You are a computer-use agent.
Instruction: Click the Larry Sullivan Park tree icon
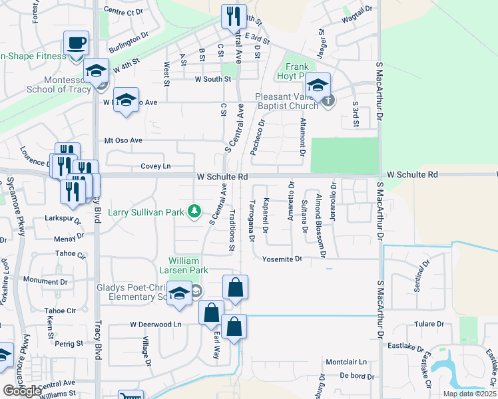(194, 211)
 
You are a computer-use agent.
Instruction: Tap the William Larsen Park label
(188, 265)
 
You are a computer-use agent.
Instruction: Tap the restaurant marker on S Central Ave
(233, 16)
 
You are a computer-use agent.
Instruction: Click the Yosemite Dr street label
(282, 258)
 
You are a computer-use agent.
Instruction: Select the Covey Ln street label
(156, 166)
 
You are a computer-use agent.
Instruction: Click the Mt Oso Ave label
(123, 140)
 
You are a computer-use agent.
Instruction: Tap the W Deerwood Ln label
(156, 325)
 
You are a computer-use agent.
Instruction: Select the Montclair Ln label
(346, 362)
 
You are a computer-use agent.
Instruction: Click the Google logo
(22, 391)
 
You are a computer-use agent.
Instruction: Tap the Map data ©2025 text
(469, 394)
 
